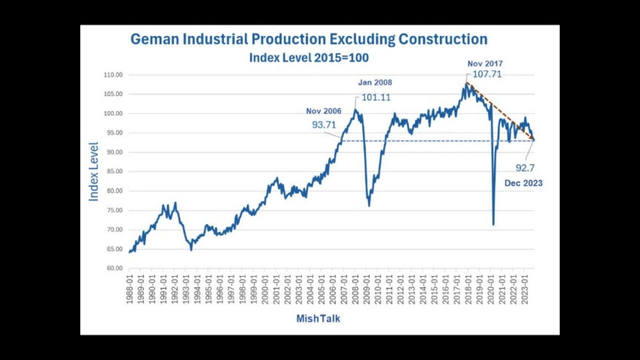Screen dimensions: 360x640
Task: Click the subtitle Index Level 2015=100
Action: (309, 58)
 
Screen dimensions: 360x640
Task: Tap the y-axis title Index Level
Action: (94, 171)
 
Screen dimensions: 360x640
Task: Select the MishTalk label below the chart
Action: (318, 319)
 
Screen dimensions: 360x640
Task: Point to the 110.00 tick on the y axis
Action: (114, 75)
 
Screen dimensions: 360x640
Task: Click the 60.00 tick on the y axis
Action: (114, 269)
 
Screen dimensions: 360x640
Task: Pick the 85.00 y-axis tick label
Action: (114, 172)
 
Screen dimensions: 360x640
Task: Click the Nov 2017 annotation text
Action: (484, 64)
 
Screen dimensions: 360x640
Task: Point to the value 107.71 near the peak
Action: (487, 75)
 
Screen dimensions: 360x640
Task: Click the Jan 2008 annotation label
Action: (375, 83)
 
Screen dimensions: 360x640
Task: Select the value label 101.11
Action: (376, 97)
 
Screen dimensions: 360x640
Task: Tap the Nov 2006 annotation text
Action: (323, 111)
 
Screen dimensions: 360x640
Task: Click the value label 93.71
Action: (324, 123)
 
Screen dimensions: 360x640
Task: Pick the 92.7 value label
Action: (525, 168)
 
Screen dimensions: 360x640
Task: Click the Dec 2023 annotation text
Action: (523, 183)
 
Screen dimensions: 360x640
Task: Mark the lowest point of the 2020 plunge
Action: (493, 224)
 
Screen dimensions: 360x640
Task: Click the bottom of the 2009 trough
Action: (369, 205)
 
